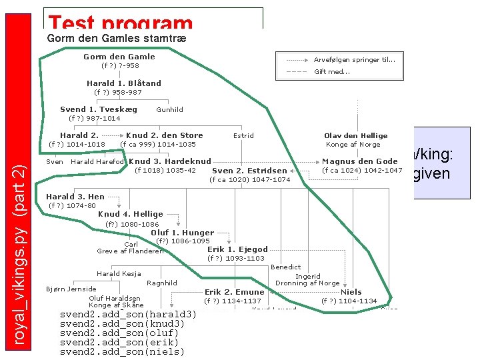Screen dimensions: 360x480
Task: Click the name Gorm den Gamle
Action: (119, 57)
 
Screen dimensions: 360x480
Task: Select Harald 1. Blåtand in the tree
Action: (123, 83)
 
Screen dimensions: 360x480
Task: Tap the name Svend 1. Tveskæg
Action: (99, 109)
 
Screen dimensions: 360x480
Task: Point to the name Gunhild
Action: (169, 109)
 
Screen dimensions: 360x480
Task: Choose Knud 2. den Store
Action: (164, 135)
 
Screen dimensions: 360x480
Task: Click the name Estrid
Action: (243, 135)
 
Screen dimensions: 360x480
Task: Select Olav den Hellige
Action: (355, 135)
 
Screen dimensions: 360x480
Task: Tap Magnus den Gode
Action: (359, 161)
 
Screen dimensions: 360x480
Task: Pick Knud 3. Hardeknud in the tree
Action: (170, 161)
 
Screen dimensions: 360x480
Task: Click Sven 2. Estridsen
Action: (249, 171)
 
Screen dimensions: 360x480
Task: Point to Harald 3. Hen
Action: (75, 197)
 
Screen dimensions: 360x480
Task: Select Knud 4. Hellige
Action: (131, 214)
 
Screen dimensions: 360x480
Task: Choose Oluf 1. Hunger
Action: (183, 233)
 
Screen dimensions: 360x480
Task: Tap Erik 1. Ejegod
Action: (237, 249)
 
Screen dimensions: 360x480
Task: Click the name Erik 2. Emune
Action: (234, 292)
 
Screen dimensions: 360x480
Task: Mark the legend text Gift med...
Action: (332, 72)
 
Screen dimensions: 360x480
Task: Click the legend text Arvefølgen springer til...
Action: (354, 59)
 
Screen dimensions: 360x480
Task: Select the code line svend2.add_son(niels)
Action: (122, 351)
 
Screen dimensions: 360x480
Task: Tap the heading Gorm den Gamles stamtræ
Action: (117, 39)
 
